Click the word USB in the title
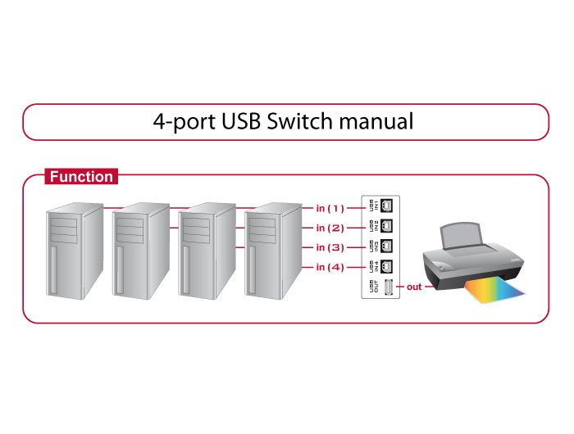tap(241, 122)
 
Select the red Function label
tap(81, 176)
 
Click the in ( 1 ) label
tap(330, 208)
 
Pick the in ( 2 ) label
tap(330, 228)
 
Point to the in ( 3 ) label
tap(330, 247)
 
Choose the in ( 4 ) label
tap(330, 267)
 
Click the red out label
tap(414, 287)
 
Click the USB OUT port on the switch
tap(388, 287)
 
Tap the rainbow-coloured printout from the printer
tap(495, 291)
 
